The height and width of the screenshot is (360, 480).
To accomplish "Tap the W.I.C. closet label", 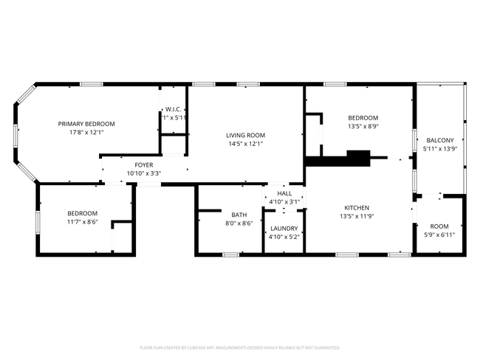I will point(174,109).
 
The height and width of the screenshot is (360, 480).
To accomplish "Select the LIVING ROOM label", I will point(245,135).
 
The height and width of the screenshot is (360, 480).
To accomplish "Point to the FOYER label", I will point(143,165).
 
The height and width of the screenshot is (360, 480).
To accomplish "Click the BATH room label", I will point(239,215).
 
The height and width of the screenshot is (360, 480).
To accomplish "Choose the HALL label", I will point(284,193).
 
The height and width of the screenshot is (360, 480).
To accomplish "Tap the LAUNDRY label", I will point(284,229).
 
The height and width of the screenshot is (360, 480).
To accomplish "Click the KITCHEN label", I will point(354,208).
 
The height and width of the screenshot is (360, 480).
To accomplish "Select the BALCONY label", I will point(440,140).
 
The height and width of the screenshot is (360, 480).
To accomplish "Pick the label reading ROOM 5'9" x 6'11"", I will point(439,226).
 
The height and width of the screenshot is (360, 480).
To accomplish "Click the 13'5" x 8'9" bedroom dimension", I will point(363,126).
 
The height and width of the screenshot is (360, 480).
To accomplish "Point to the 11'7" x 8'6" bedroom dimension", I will point(82,221).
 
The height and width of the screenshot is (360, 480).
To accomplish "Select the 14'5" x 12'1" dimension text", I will point(245,143).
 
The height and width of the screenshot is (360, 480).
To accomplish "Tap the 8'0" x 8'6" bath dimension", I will point(239,223).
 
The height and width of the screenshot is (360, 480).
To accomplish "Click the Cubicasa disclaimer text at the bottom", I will point(239,347).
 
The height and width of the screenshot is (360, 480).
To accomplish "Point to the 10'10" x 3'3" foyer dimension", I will point(143,173).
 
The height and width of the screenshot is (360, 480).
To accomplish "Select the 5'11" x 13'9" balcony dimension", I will point(440,148).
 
